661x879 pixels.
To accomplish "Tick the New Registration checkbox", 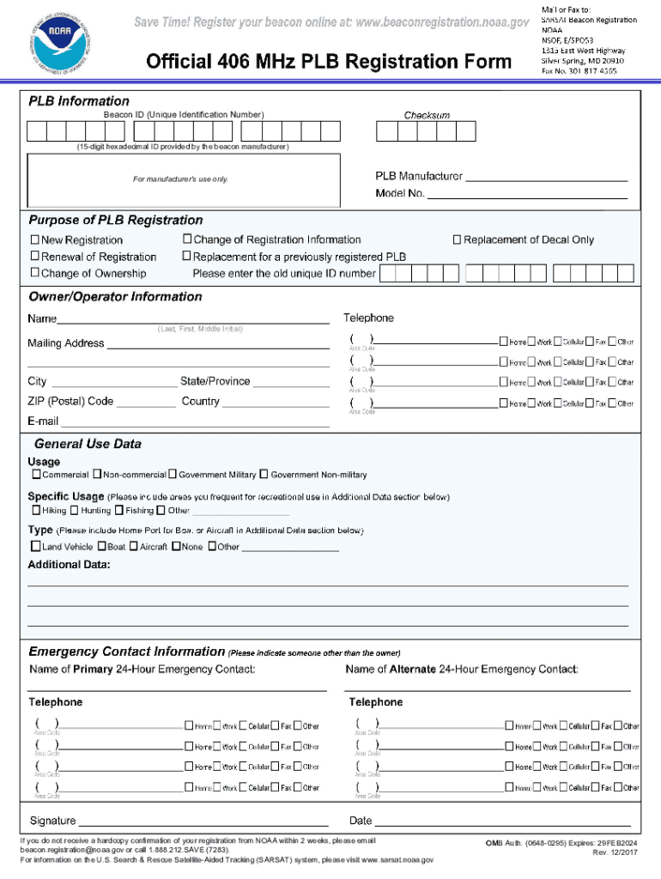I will click(x=35, y=240).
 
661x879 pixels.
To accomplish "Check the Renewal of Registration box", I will click(x=35, y=257).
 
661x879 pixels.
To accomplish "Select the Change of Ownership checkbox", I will click(x=35, y=273).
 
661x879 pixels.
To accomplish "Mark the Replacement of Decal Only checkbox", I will click(x=458, y=239).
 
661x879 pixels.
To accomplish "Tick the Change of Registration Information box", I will click(x=187, y=239).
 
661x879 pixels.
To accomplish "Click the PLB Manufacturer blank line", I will click(x=546, y=179).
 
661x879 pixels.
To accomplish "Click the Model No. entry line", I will click(x=527, y=196).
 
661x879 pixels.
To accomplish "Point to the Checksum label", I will click(x=427, y=115).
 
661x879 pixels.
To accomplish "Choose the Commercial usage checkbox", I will click(x=36, y=474).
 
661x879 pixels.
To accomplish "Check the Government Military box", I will click(x=173, y=474).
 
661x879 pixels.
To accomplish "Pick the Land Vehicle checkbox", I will click(x=36, y=546).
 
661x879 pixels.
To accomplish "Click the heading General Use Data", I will click(x=88, y=444).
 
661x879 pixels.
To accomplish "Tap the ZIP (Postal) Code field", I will click(x=145, y=403).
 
